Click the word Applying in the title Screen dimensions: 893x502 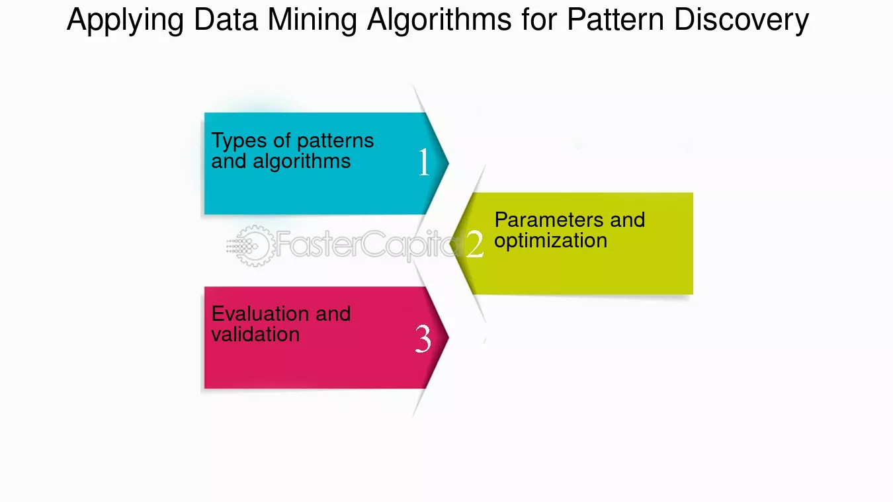(x=125, y=21)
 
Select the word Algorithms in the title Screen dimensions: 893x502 (x=439, y=20)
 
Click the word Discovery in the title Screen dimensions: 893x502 (x=742, y=21)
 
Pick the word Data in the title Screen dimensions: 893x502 (x=226, y=19)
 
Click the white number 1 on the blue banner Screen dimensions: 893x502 (x=424, y=161)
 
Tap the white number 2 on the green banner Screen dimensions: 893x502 (x=474, y=243)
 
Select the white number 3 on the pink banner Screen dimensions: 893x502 (x=423, y=339)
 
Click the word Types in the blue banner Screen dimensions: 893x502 (x=239, y=141)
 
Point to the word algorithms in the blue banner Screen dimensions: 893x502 (x=302, y=161)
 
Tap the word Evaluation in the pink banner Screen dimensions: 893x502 (x=261, y=314)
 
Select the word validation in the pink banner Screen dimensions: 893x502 (x=255, y=334)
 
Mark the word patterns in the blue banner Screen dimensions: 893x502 (x=335, y=142)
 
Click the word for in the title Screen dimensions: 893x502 (x=539, y=19)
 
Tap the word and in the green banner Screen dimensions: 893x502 (x=628, y=220)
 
